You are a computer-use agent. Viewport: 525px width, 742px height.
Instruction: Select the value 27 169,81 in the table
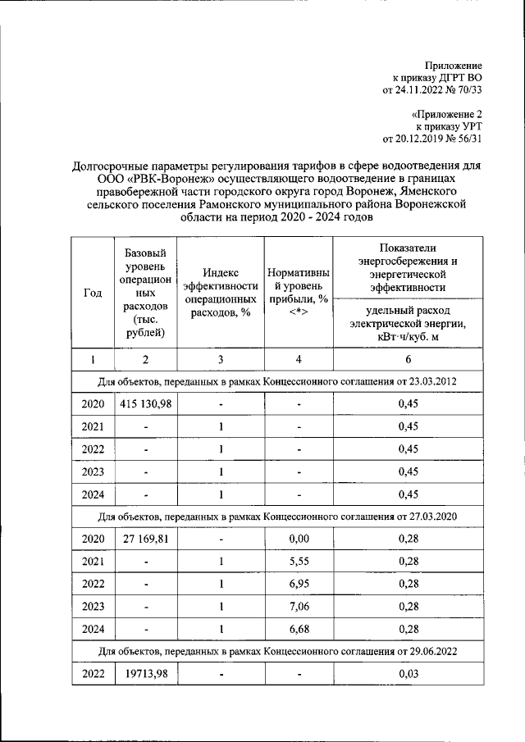145,543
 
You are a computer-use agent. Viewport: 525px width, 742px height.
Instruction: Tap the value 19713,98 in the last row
145,673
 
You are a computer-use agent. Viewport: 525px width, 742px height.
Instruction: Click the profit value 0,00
299,543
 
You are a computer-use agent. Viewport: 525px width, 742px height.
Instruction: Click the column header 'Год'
93,294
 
